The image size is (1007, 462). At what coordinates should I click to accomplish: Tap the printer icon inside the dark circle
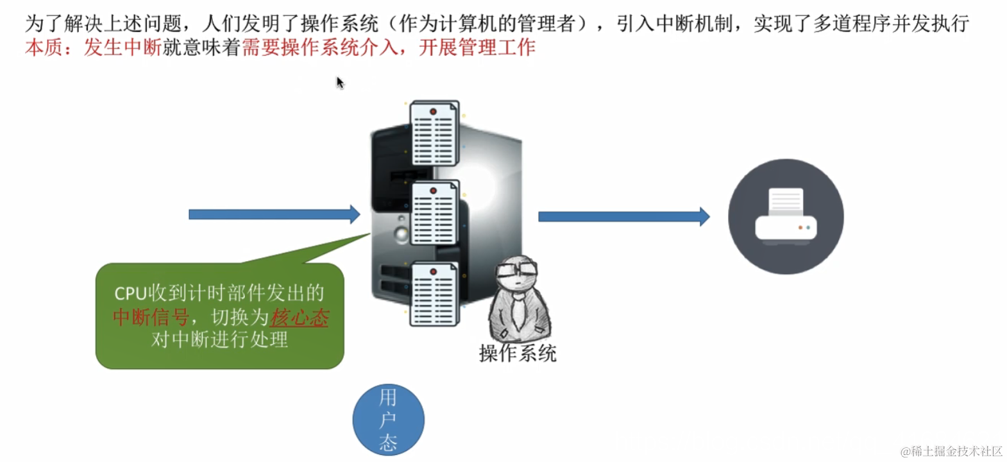(786, 216)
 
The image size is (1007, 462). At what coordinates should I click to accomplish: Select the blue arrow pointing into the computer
(274, 214)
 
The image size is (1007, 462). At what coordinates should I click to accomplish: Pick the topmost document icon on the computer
(434, 133)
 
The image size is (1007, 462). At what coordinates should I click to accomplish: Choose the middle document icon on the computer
(434, 214)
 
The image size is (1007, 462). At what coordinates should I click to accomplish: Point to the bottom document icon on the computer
(434, 294)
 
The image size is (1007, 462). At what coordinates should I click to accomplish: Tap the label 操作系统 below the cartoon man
(518, 354)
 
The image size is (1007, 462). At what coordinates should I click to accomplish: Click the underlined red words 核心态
(300, 317)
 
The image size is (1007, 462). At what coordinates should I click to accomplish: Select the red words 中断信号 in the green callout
(151, 317)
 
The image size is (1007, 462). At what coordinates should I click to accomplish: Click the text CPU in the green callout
(131, 293)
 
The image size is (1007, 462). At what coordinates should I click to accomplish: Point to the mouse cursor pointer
(340, 82)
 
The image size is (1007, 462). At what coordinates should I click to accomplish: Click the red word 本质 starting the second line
(44, 47)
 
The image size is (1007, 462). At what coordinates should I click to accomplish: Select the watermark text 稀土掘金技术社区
(956, 451)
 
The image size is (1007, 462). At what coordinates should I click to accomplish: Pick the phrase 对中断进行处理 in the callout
(219, 339)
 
